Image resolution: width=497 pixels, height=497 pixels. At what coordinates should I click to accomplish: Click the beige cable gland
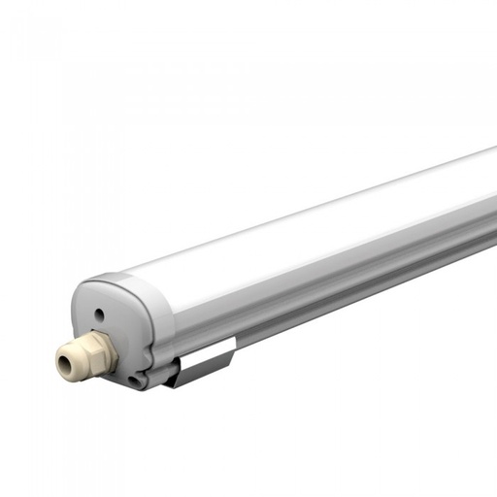[x=85, y=356]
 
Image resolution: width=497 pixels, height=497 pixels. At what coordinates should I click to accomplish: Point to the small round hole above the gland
[x=99, y=314]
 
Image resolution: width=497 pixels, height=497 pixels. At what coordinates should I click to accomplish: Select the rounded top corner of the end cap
[x=97, y=284]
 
